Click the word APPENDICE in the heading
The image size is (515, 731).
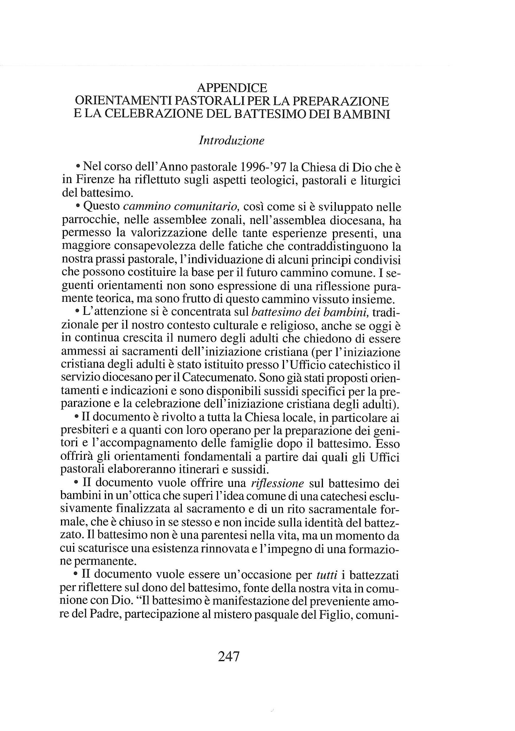(x=232, y=87)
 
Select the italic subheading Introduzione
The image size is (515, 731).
(x=231, y=140)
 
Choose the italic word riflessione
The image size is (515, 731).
(x=277, y=483)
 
